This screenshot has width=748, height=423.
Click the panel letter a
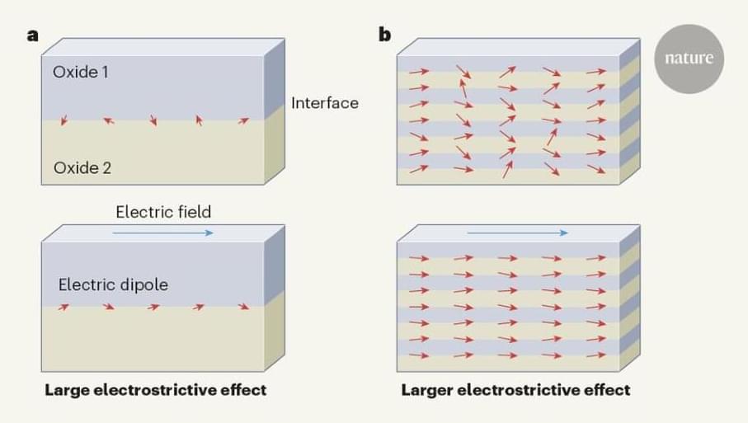click(x=32, y=35)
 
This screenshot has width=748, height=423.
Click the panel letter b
click(x=384, y=35)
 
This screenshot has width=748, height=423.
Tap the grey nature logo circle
click(x=689, y=59)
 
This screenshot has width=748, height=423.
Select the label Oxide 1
click(x=81, y=72)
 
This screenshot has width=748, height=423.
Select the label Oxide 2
click(x=82, y=168)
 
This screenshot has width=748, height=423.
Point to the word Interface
click(x=325, y=103)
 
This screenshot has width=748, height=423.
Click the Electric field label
click(x=163, y=212)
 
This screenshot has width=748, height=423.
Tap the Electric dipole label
click(x=113, y=284)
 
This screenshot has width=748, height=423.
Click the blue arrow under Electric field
click(x=162, y=233)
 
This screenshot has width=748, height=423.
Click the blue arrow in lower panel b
click(x=517, y=233)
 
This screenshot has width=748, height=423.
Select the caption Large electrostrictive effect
click(x=156, y=389)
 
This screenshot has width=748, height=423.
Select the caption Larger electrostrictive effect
click(x=515, y=389)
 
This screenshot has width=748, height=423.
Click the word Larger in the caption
click(x=426, y=389)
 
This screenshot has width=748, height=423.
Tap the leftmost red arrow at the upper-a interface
click(x=64, y=121)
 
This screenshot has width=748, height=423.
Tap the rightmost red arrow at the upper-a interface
click(x=242, y=120)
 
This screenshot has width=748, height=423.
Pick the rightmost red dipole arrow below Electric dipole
click(x=242, y=307)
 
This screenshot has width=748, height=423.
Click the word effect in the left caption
click(x=244, y=389)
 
